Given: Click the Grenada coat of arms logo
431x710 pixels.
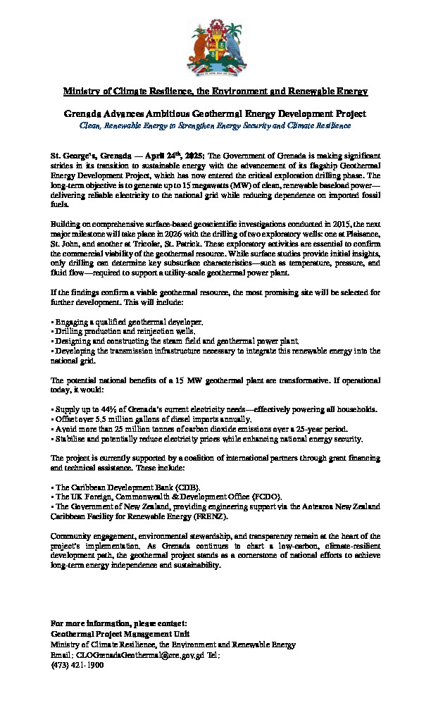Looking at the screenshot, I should [215, 47].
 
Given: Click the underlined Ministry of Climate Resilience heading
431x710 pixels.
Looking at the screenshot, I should [216, 92].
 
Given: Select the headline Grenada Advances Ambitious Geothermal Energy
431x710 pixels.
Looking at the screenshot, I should [216, 113].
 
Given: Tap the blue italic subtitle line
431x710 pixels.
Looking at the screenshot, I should [216, 125].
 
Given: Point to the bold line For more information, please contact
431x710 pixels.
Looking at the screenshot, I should [119, 624].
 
